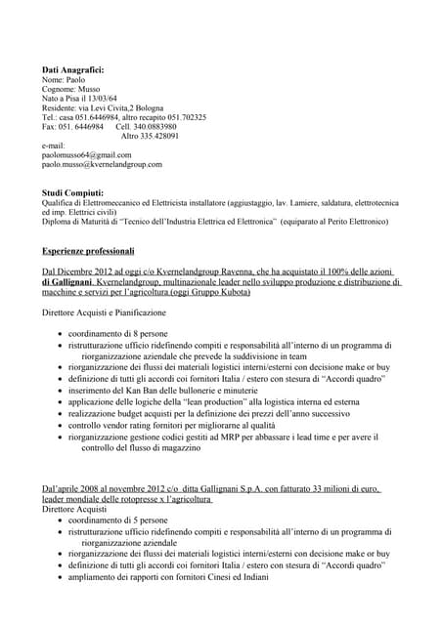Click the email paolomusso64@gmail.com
86,155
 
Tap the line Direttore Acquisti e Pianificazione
104,312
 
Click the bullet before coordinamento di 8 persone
62,335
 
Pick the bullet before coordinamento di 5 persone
62,521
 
